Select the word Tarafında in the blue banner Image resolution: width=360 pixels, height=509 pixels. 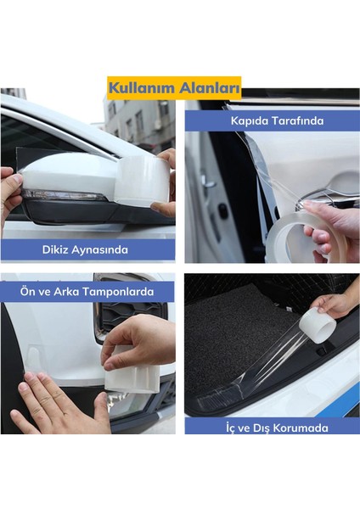pos(299,120)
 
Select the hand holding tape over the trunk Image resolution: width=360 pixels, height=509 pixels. pos(336,304)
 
